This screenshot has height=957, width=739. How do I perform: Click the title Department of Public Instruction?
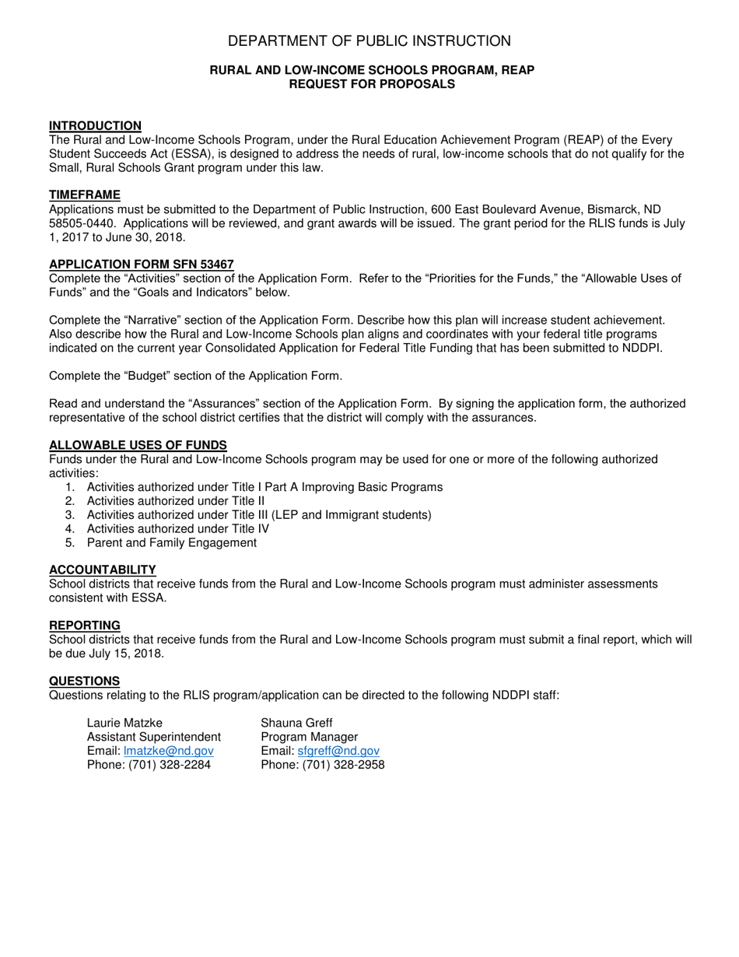click(x=369, y=41)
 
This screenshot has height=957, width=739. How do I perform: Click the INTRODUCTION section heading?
click(x=95, y=126)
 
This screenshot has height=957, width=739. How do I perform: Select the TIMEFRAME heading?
click(x=85, y=195)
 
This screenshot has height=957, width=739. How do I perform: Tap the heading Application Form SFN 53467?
click(x=141, y=265)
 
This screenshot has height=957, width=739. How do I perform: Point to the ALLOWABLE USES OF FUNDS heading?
click(x=138, y=445)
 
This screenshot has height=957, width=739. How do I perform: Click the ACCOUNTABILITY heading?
click(x=102, y=570)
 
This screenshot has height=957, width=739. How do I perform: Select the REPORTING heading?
click(x=85, y=626)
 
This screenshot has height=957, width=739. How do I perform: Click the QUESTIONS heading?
click(x=84, y=682)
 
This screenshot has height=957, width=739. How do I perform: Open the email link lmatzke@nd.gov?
click(x=168, y=751)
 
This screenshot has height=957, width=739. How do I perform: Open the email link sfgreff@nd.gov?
click(x=338, y=751)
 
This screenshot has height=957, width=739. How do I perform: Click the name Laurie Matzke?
click(x=125, y=723)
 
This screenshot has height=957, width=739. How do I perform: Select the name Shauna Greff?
click(x=296, y=723)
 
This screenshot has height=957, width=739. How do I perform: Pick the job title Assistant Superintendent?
click(x=154, y=737)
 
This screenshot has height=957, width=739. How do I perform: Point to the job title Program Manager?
click(x=309, y=737)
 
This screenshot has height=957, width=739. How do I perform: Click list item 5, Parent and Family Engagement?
click(x=171, y=542)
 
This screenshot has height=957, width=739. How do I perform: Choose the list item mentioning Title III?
click(x=258, y=514)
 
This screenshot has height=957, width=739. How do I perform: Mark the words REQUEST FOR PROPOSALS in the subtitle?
click(x=372, y=84)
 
